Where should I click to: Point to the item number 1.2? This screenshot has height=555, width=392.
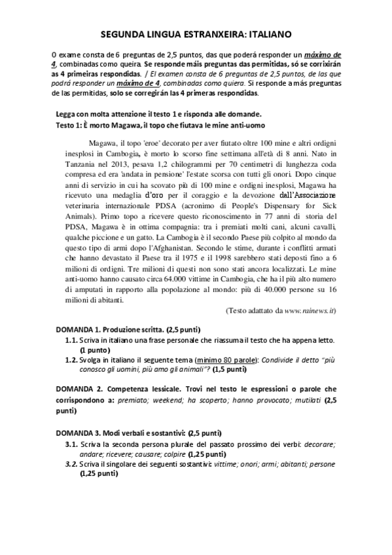pyautogui.click(x=71, y=360)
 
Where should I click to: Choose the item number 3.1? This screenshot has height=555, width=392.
pyautogui.click(x=71, y=444)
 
